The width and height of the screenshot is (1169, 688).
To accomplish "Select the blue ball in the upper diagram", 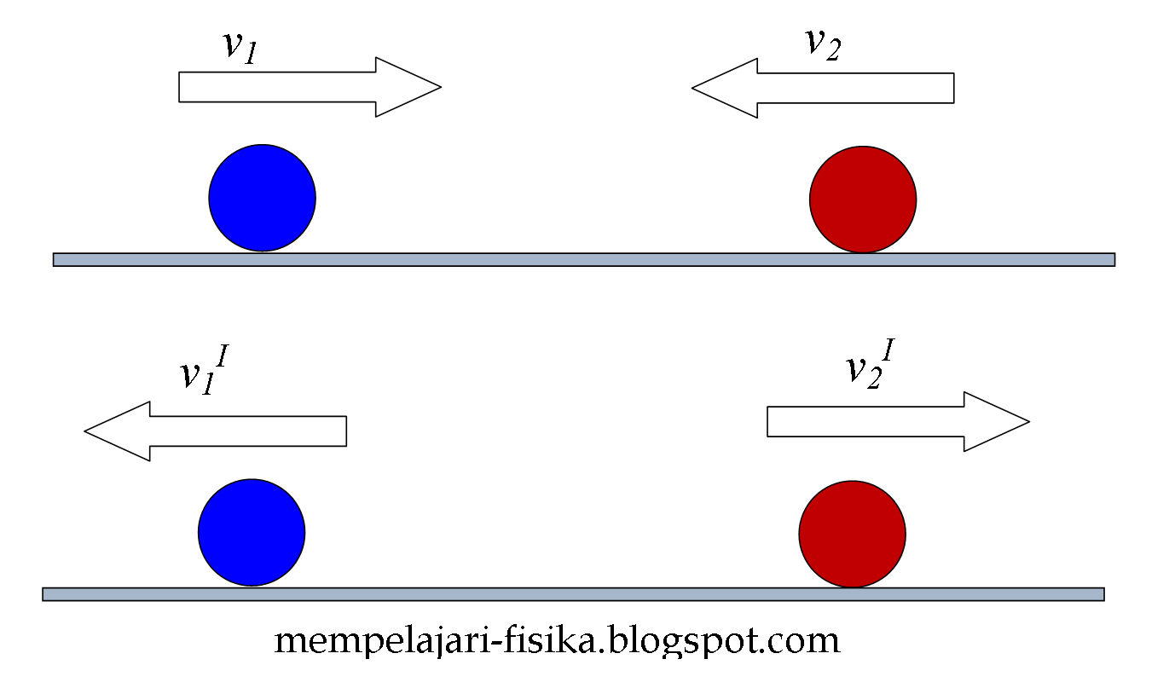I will click(262, 198).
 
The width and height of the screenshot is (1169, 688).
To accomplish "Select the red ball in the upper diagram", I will click(862, 199).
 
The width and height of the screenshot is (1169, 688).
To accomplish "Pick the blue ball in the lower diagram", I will click(252, 532).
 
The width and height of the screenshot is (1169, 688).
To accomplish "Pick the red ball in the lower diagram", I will click(852, 534).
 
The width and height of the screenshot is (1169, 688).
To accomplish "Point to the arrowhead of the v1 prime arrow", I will click(119, 431).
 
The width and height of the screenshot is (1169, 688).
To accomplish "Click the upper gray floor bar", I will click(583, 259).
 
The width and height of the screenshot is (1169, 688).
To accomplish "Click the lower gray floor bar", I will click(573, 594).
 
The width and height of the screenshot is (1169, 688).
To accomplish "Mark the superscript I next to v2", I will click(888, 350).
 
